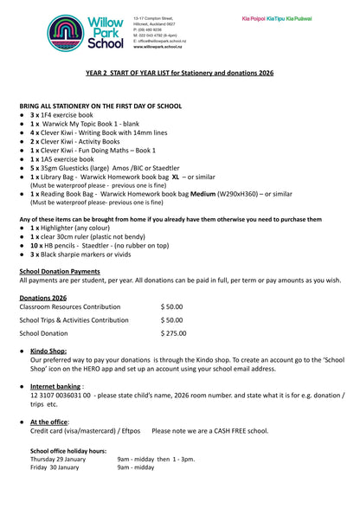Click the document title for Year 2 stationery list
click(179, 74)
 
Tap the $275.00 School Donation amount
click(173, 332)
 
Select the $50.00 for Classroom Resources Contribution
click(171, 306)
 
